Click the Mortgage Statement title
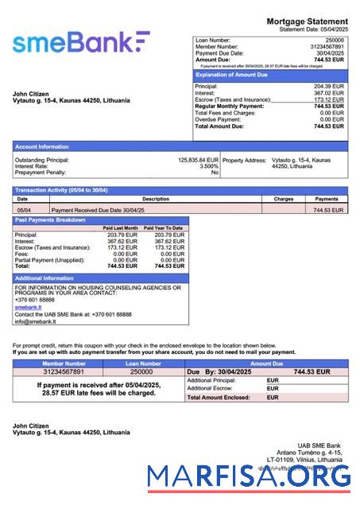pos(307,21)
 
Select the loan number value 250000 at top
pos(335,39)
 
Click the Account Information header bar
pos(180,146)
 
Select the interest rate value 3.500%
pos(208,166)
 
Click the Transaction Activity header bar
pos(180,190)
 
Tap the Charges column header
pos(283,199)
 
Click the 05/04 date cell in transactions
pos(24,210)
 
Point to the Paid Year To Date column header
pos(163,228)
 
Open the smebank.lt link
pos(27,306)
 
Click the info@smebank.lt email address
pos(36,321)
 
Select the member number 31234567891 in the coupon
pos(63,371)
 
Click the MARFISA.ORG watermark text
pos(248,476)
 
